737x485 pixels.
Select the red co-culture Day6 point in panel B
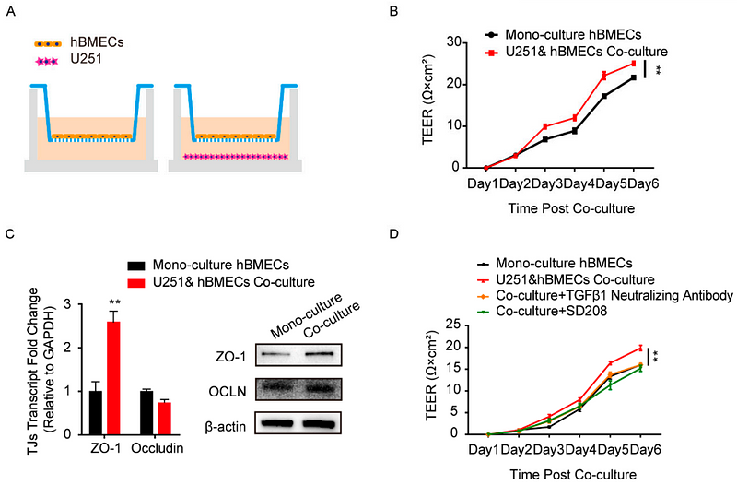(633, 64)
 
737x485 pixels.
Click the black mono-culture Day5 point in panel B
(604, 96)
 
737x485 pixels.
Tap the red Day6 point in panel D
(639, 348)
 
